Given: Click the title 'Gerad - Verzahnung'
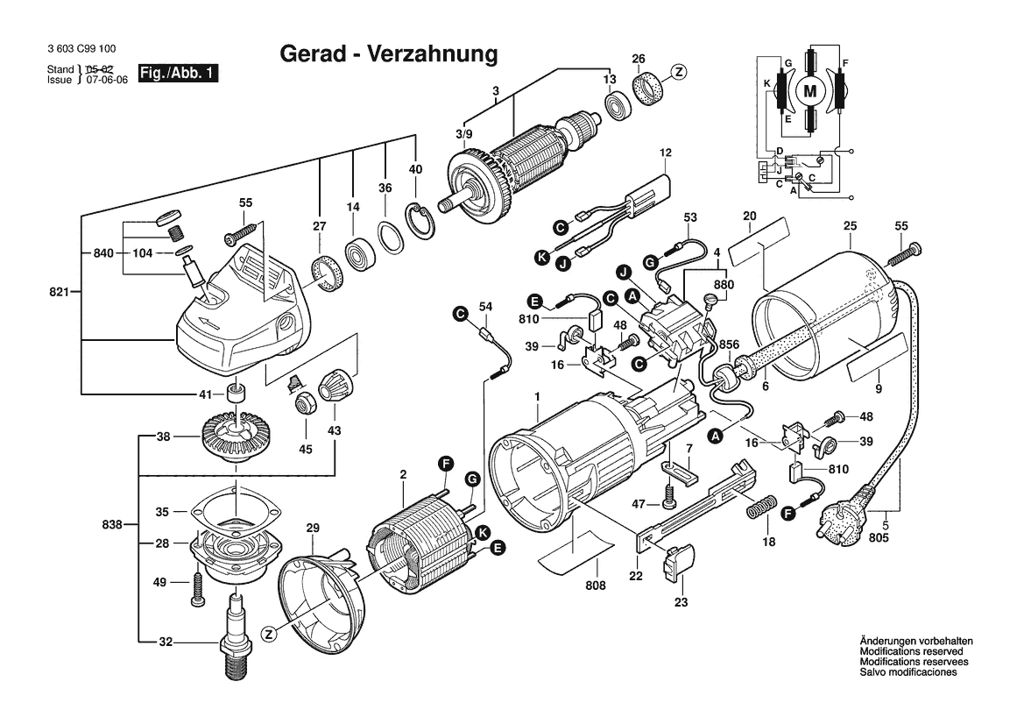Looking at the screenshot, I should coord(388,54).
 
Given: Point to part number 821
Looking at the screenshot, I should coord(60,290).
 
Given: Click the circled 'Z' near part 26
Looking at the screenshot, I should coord(679,73).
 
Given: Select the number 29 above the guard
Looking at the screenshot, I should coord(313,528).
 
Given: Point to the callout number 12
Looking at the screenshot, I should coord(665,153).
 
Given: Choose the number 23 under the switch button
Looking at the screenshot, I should coord(681,602).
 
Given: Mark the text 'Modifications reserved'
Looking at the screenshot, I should coord(911,652).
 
